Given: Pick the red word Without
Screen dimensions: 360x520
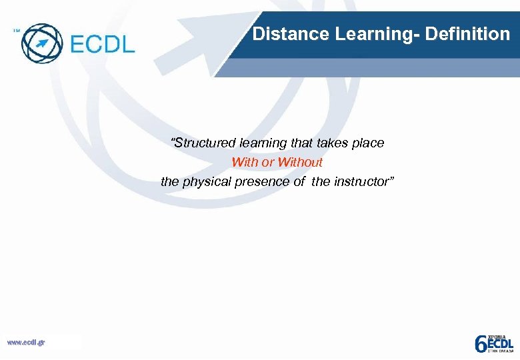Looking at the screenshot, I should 300,162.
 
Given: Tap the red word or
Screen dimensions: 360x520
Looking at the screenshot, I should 267,162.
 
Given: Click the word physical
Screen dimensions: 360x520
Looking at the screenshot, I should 205,181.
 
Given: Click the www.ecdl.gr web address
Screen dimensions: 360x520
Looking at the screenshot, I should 26,343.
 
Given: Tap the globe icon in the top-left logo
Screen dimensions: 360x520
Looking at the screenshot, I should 41,43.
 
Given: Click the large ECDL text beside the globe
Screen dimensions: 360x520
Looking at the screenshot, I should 102,45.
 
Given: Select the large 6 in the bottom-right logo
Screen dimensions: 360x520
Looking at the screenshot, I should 480,343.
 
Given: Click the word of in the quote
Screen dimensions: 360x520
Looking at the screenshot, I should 299,181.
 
